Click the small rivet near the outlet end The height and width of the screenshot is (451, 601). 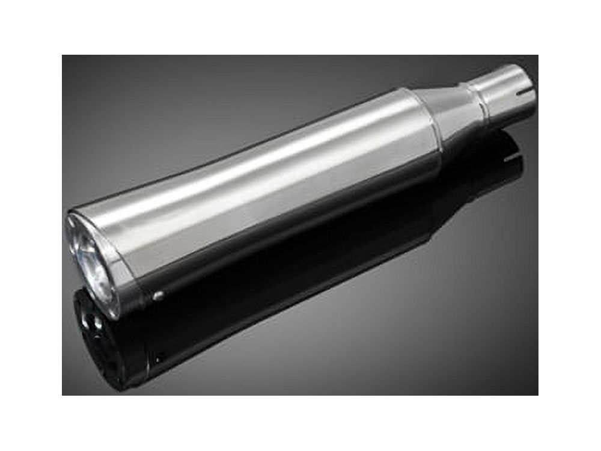pos(159,295)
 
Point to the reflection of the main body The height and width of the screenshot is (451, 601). pos(270,283)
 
